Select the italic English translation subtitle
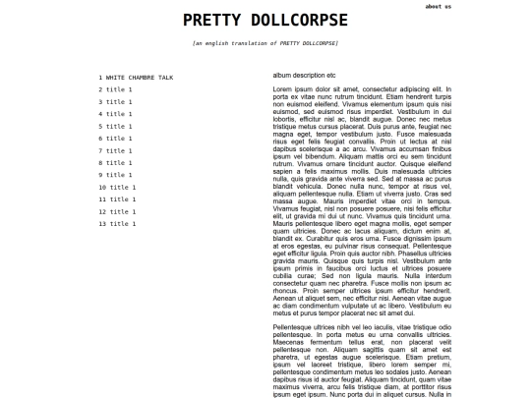coord(265,44)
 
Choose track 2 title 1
coord(114,89)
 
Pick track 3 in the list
coord(114,101)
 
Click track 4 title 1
coord(114,114)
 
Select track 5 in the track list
coord(114,126)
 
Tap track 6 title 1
coord(114,139)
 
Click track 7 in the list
coord(114,150)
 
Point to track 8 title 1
coord(114,163)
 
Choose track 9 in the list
coord(114,175)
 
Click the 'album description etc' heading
coord(304,75)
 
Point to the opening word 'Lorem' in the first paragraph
coord(282,89)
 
